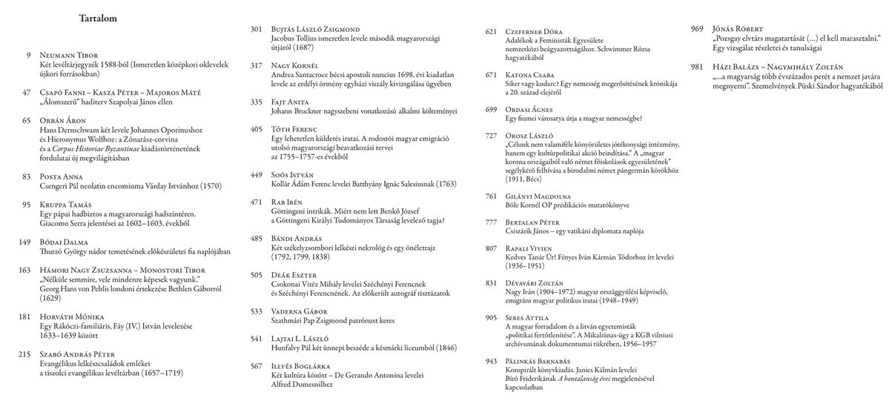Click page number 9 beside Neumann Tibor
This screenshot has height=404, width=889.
pos(28,56)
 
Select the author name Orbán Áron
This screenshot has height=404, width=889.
pos(64,119)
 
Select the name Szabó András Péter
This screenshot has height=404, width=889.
pos(79,354)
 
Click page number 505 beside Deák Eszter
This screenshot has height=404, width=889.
pos(257,275)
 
